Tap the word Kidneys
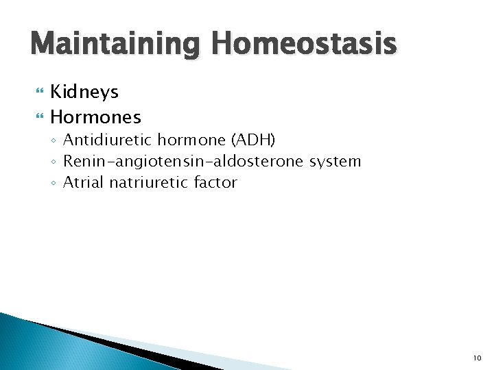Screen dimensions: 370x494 click(84, 92)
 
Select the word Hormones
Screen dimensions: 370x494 click(95, 116)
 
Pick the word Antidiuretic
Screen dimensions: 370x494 click(108, 140)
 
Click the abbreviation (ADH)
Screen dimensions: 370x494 click(253, 140)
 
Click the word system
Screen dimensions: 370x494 click(335, 162)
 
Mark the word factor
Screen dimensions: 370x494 click(215, 182)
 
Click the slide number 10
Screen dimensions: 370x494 click(478, 358)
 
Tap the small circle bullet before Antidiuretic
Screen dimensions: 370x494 click(54, 141)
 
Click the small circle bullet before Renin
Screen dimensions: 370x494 click(54, 162)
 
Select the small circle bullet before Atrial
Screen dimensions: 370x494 click(54, 183)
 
